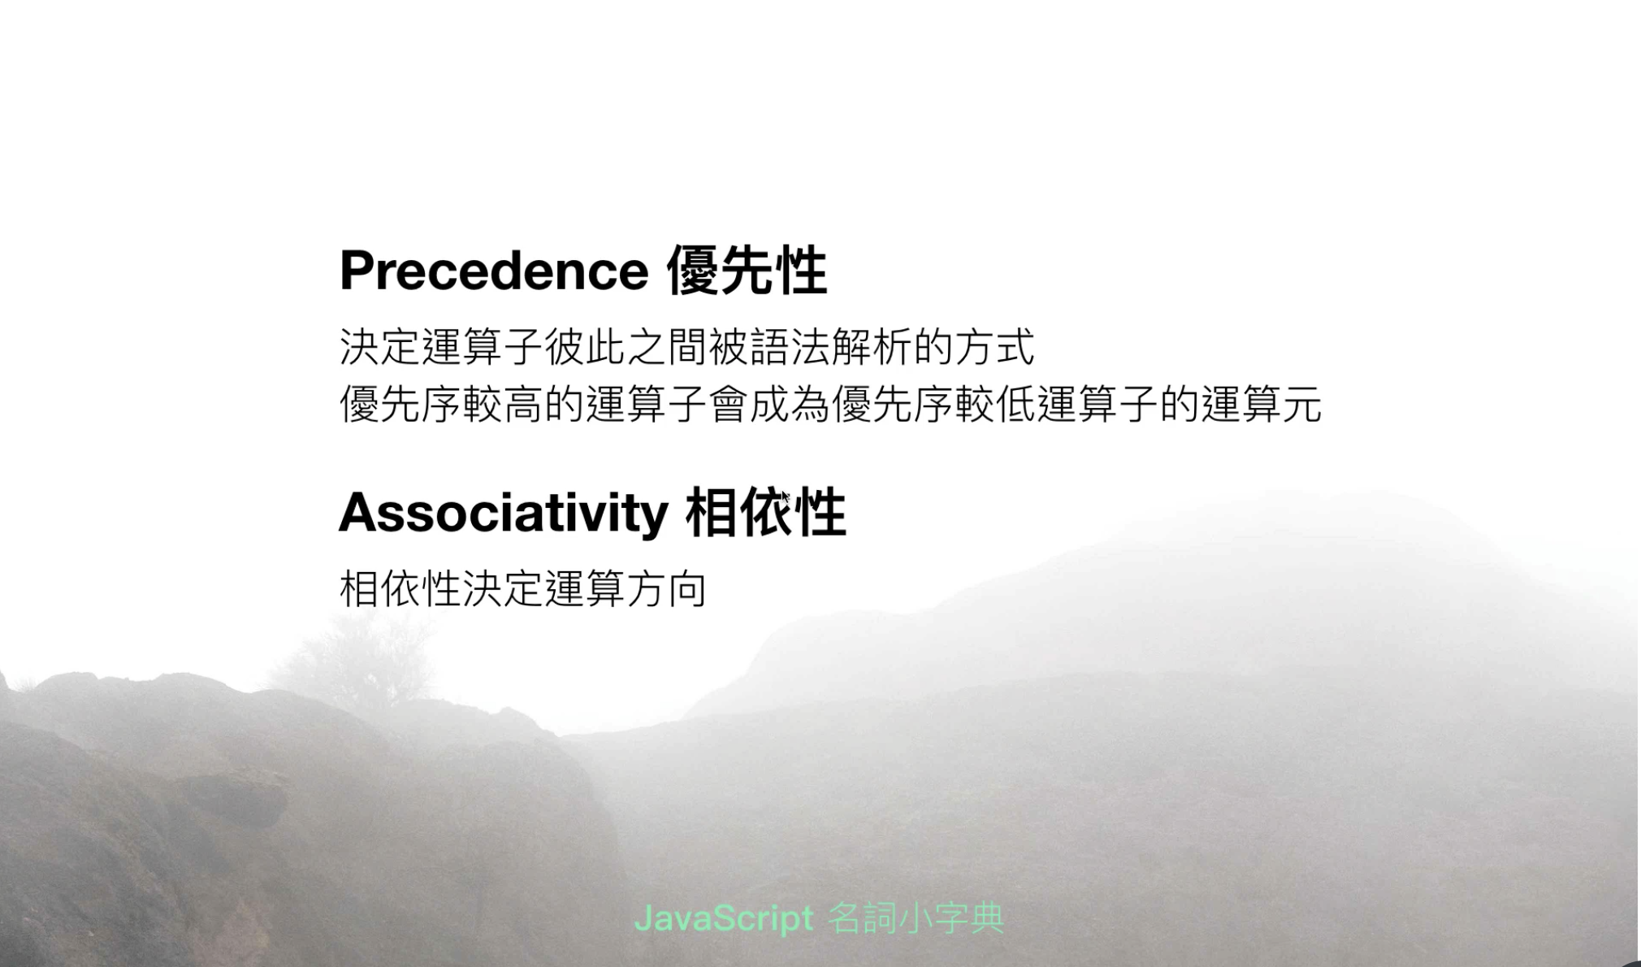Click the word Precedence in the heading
coord(494,270)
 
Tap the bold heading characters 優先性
coord(747,271)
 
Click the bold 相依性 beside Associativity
coord(765,512)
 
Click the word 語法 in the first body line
coord(790,347)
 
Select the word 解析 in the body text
coord(872,347)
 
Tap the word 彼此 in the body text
coord(585,347)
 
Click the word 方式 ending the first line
coord(994,347)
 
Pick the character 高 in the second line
coord(523,404)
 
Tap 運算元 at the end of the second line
coord(1262,404)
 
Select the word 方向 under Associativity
coord(666,588)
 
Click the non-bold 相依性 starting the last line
coord(401,588)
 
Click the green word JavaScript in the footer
coord(724,919)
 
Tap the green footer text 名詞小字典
coord(916,919)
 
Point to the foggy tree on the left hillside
coord(357,658)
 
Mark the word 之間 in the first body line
coord(667,347)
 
